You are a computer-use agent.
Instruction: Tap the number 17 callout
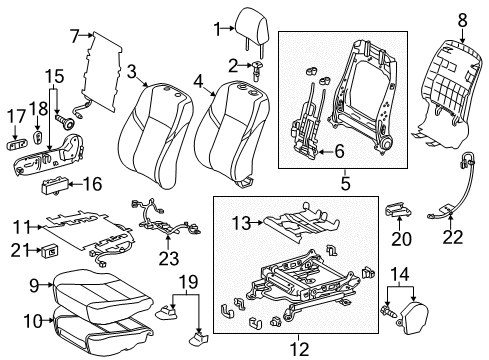(x=15, y=117)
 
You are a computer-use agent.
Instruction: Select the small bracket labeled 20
(x=398, y=210)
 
